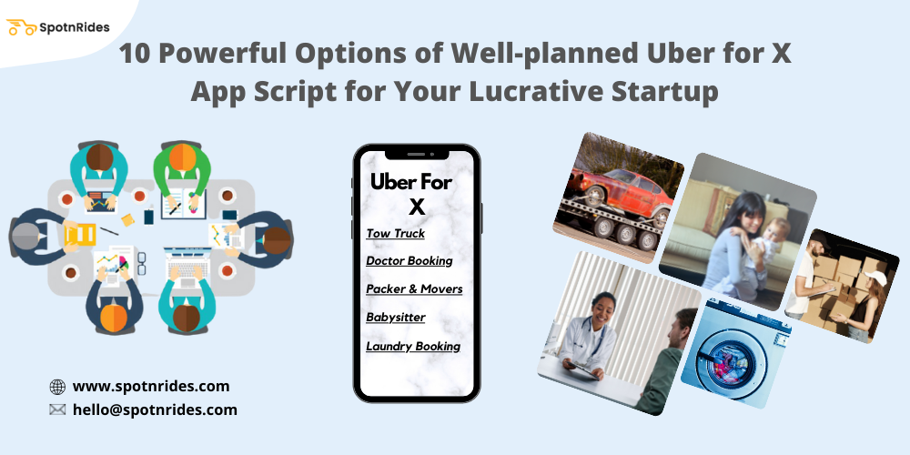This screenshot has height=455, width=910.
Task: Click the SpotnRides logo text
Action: pyautogui.click(x=75, y=27)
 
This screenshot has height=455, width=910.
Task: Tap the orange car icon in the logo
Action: pyautogui.click(x=22, y=27)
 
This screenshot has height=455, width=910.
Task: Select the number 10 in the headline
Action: pyautogui.click(x=136, y=54)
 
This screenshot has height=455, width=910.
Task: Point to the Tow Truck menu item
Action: pyautogui.click(x=395, y=234)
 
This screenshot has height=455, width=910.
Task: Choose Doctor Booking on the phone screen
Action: pyautogui.click(x=409, y=260)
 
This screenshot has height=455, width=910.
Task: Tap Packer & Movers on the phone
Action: pyautogui.click(x=414, y=288)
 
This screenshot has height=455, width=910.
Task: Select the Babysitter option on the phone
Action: pyautogui.click(x=395, y=318)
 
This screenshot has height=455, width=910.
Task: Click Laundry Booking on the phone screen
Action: pyautogui.click(x=413, y=346)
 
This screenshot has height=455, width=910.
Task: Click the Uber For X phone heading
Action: pyautogui.click(x=411, y=193)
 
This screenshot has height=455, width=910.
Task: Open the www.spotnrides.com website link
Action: pyautogui.click(x=151, y=386)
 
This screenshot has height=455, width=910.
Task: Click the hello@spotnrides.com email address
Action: pyautogui.click(x=155, y=409)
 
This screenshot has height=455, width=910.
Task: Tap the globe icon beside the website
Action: pyautogui.click(x=57, y=387)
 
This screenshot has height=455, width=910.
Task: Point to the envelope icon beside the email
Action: pyautogui.click(x=57, y=410)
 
